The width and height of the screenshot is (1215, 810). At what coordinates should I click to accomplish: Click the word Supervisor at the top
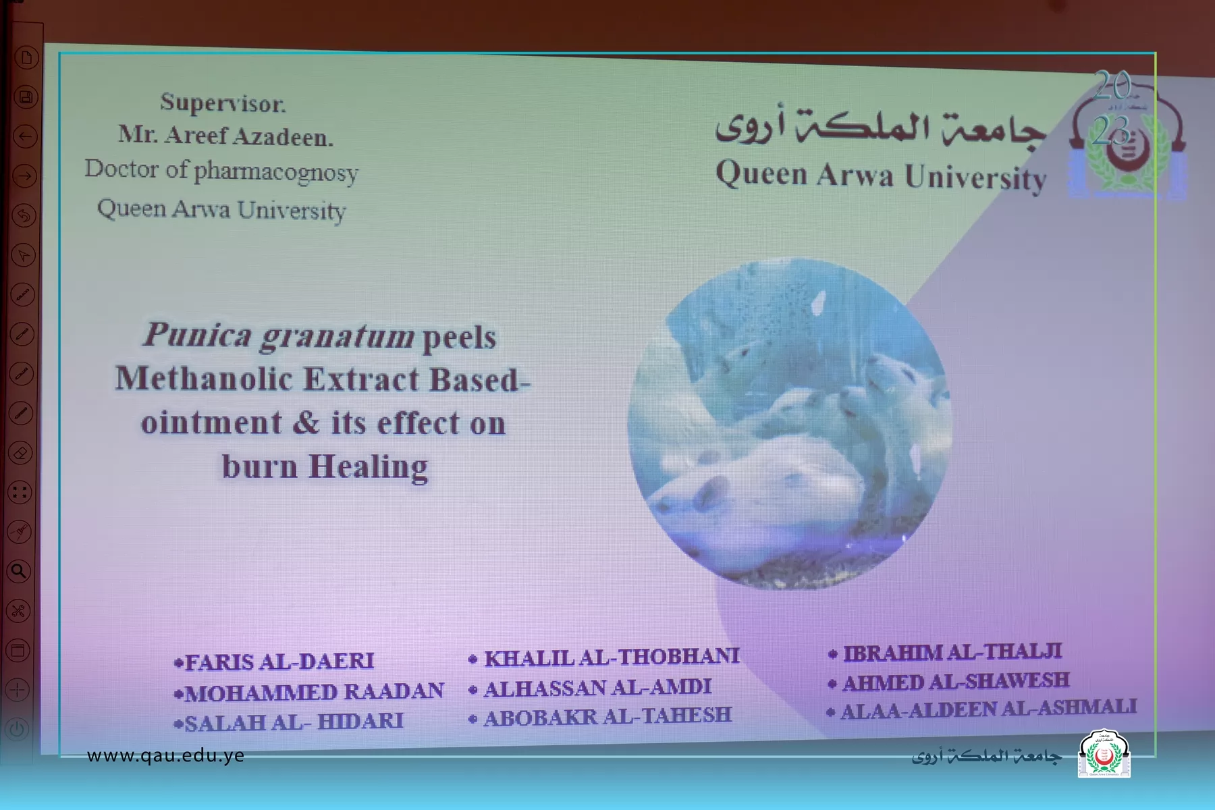[223, 103]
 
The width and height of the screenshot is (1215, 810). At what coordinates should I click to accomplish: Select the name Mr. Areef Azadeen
[225, 136]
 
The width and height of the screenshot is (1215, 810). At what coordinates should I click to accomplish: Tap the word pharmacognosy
[276, 173]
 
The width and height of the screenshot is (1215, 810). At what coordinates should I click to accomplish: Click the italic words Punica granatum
[278, 335]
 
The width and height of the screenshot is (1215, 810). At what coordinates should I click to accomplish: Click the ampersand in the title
[306, 423]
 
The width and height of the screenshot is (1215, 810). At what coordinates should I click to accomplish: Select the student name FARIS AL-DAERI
[274, 661]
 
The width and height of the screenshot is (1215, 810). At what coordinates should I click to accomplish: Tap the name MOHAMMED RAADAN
[308, 692]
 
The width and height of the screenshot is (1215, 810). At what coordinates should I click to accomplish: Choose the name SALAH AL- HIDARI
[288, 722]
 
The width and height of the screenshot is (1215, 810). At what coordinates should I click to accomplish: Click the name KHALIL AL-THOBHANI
[605, 657]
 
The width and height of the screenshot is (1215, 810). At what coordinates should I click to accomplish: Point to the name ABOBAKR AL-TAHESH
[600, 716]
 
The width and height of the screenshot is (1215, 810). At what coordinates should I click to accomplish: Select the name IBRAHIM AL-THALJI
[945, 652]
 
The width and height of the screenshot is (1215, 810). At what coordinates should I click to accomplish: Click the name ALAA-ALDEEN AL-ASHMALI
[982, 708]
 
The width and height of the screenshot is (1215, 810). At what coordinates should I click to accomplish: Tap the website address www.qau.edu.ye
[165, 755]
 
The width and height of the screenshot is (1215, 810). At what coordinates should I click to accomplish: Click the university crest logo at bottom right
[1104, 753]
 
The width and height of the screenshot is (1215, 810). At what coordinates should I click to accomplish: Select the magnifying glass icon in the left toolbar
[19, 571]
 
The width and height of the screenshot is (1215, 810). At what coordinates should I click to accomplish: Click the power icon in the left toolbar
[18, 729]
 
